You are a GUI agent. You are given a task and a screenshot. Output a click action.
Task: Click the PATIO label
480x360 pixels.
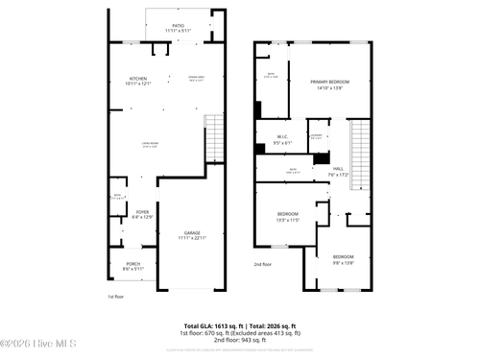tap(178, 25)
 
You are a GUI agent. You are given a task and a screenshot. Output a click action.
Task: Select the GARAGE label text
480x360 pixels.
tap(192, 232)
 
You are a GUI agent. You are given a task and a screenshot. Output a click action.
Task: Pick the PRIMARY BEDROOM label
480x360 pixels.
tap(328, 83)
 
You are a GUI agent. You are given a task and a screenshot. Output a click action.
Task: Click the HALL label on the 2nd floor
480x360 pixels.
tap(337, 167)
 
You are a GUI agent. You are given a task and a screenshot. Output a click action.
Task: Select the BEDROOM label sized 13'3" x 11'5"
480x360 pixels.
tap(288, 213)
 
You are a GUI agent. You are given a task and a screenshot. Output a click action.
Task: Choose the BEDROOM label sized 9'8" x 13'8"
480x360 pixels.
tap(343, 256)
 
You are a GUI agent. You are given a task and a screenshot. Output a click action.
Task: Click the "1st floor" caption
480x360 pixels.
tap(116, 297)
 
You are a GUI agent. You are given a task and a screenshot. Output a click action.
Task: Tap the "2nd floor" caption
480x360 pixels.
tap(263, 263)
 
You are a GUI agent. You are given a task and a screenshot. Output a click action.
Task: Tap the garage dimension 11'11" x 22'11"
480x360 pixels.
tap(192, 238)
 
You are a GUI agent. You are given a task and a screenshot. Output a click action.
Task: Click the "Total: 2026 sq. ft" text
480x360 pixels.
tap(272, 326)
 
